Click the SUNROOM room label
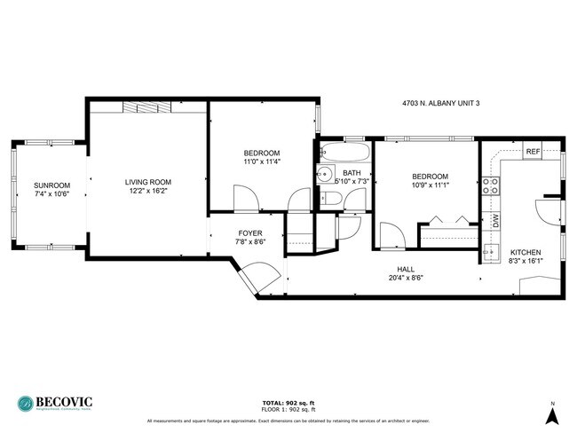pos(51,185)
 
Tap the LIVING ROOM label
pos(147,181)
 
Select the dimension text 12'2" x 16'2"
pos(147,191)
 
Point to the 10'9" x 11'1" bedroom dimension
pos(430,185)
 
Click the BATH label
pos(352,172)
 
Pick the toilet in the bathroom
pos(327,197)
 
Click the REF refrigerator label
pos(533,152)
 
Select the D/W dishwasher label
pos(495,218)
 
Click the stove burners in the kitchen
pos(489,185)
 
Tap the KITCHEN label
pos(526,252)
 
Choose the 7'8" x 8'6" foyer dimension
pos(250,241)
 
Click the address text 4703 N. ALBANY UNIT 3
pos(440,104)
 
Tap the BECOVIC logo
pos(55,402)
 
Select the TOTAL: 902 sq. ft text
pos(288,401)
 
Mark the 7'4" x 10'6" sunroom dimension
pos(51,193)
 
